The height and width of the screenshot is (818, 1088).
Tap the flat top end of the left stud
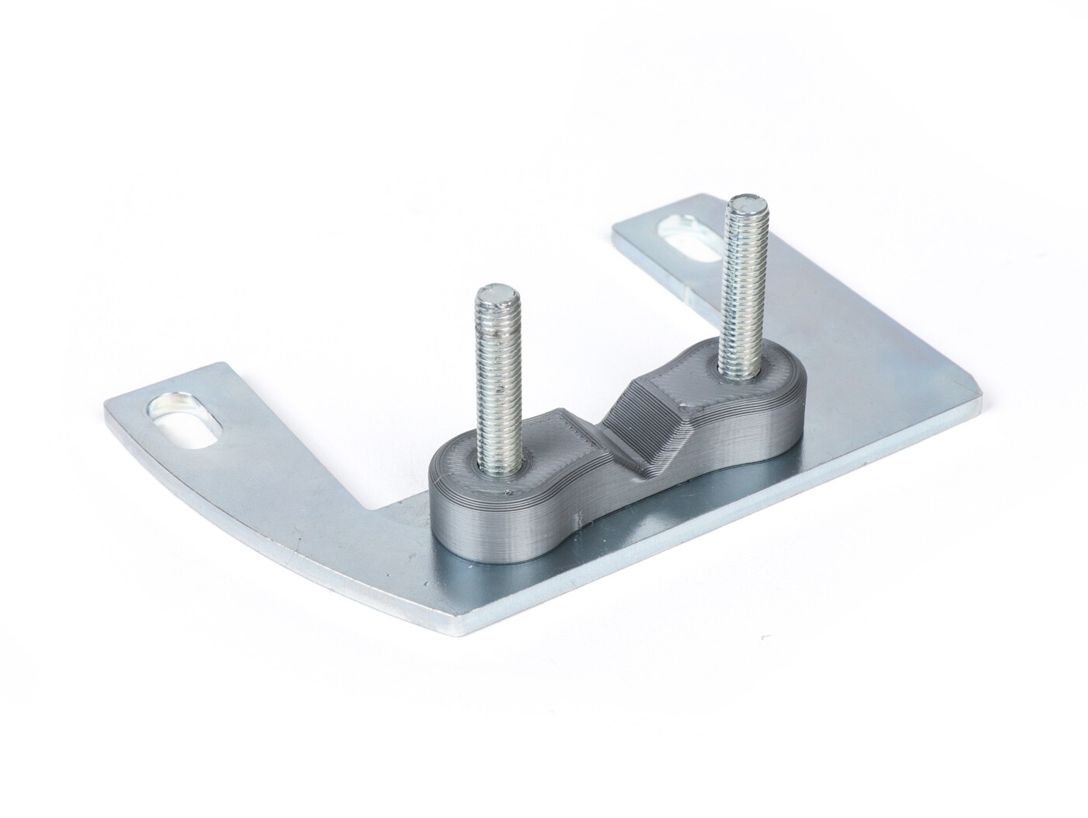pos(491,295)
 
